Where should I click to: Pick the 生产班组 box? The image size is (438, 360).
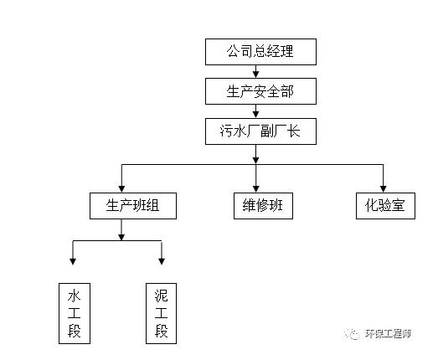click(x=133, y=205)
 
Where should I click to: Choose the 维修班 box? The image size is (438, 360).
click(x=262, y=205)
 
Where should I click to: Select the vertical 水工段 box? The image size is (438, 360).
click(x=75, y=313)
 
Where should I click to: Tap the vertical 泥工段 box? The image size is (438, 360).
click(x=162, y=313)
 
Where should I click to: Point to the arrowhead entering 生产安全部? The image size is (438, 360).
click(x=256, y=74)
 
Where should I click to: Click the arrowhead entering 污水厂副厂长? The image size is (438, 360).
click(x=256, y=114)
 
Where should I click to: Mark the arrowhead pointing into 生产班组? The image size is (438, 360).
click(x=122, y=188)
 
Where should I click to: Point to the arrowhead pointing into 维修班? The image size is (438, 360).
click(x=256, y=188)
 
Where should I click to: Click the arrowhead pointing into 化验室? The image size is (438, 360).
click(x=383, y=188)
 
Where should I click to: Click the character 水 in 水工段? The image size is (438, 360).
click(x=75, y=296)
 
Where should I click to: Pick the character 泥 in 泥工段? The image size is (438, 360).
click(x=162, y=296)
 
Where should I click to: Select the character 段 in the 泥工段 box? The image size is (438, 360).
click(x=162, y=332)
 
